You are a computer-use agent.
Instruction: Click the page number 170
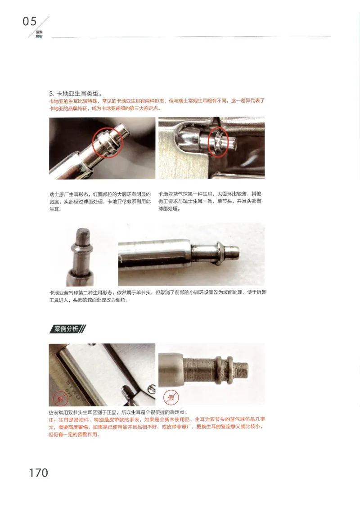coord(38,473)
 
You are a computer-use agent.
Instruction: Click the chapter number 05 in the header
coord(30,21)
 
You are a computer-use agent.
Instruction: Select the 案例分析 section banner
coord(67,329)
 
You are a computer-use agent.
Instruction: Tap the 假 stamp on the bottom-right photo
coord(171,397)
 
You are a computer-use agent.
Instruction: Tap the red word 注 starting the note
coord(51,419)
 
